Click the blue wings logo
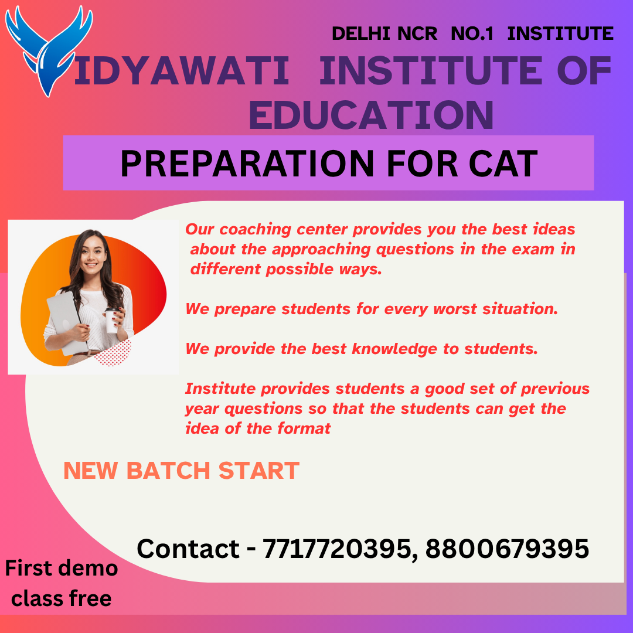coord(49,50)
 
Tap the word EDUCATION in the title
coord(371,115)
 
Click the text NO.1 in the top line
coord(472,33)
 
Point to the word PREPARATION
coord(247,164)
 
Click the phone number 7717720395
coord(337,549)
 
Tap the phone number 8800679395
coord(508,549)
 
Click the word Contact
coord(188,549)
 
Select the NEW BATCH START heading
coord(181,471)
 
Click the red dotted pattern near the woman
coord(114,353)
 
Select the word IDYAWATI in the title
coord(182,71)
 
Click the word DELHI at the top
coord(361,33)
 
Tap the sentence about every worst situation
coord(372,309)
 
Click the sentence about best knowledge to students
coord(362,349)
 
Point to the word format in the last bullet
coord(304,428)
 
